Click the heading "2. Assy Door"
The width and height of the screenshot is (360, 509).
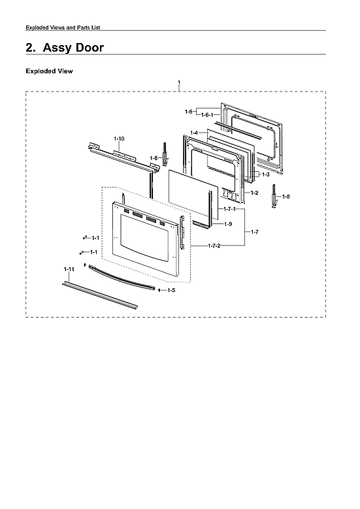64,48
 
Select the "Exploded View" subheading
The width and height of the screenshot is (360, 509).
49,71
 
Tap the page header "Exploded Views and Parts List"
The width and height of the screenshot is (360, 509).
62,27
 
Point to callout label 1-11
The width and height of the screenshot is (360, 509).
69,269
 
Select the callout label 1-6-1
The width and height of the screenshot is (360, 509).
206,115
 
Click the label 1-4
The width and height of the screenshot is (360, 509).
194,133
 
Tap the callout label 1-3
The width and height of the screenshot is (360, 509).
265,175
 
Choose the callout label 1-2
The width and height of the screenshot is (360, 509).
255,193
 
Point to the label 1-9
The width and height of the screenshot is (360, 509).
228,224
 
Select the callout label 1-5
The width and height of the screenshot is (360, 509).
171,289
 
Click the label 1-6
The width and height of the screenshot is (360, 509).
189,112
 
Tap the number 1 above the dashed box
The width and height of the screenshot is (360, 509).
179,83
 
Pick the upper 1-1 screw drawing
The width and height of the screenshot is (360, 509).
85,237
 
